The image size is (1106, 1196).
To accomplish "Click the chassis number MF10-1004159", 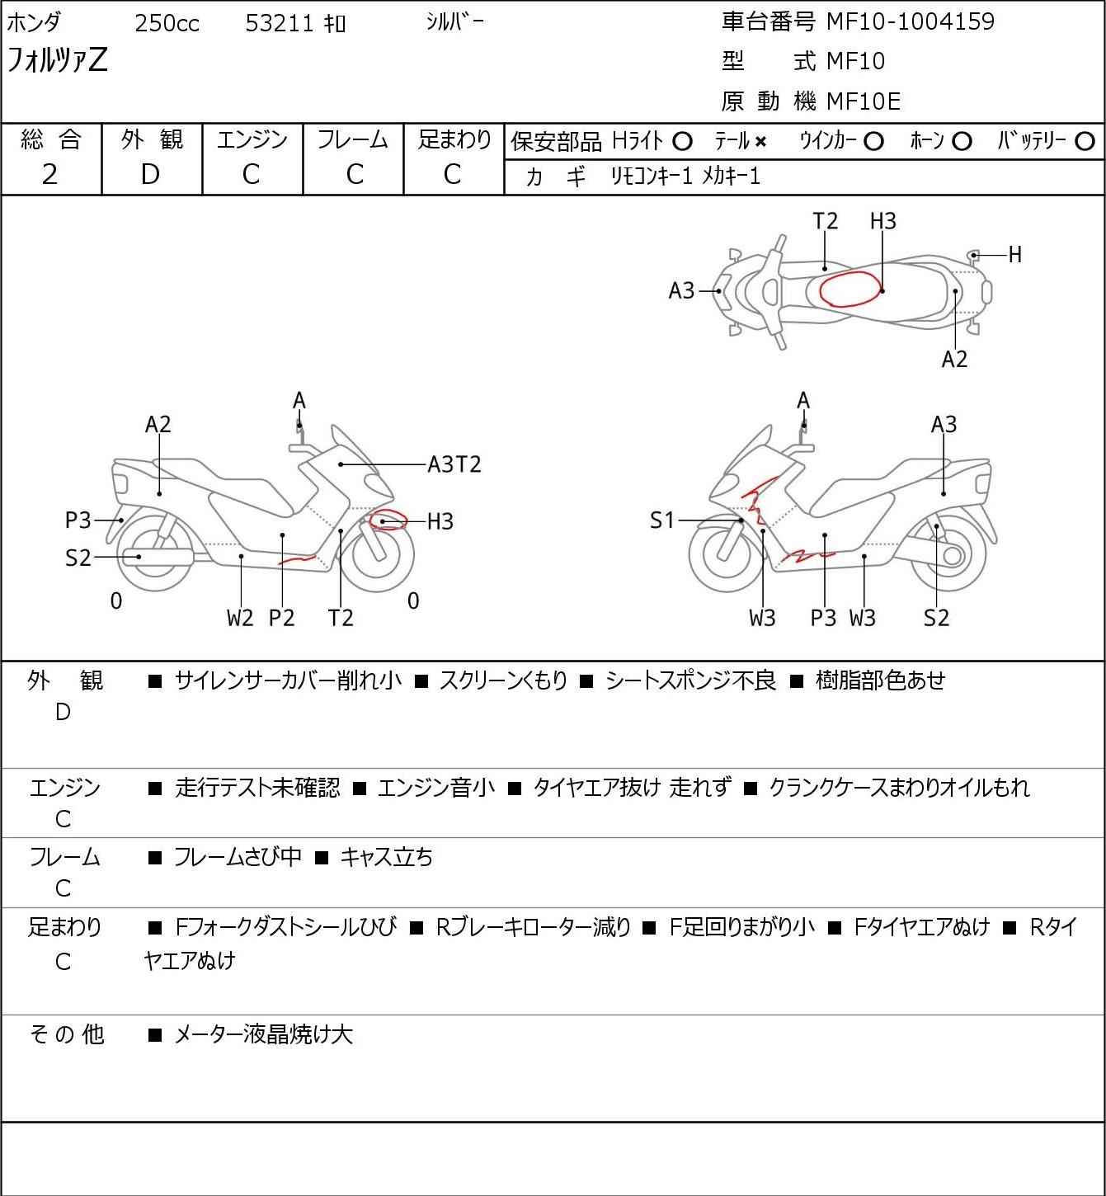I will [x=910, y=21].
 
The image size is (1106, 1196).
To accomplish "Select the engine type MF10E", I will [x=863, y=101].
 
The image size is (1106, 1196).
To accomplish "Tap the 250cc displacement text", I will [x=167, y=24].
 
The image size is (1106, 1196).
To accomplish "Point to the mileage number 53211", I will [x=280, y=24].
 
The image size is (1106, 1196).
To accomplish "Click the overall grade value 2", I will [x=49, y=174].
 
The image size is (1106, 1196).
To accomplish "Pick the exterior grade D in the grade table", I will [x=150, y=174].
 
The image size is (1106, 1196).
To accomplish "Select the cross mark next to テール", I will [x=760, y=142].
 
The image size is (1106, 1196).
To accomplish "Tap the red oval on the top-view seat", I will [x=850, y=288].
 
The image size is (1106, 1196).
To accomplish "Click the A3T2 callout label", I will [x=454, y=464].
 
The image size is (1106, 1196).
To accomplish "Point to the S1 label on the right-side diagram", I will [x=662, y=520].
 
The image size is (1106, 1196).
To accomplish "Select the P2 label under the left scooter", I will [x=281, y=618].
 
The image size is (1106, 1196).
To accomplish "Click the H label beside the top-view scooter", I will [x=1014, y=255].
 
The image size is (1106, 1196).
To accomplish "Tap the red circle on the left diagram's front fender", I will [x=388, y=520].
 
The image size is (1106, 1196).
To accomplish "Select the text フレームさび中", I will [x=237, y=857].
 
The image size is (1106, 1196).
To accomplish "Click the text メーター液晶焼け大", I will [x=263, y=1034].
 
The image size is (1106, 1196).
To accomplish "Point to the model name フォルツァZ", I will [x=58, y=61].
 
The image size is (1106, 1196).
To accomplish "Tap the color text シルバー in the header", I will [x=454, y=21].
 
